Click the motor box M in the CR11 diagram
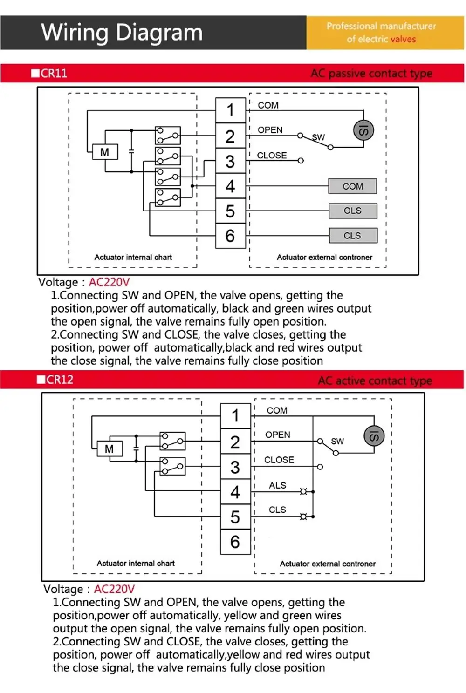point(105,152)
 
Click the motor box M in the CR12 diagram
point(110,449)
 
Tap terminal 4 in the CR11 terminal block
point(230,186)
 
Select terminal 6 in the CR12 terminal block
point(235,542)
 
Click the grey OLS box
point(353,211)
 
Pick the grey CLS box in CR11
point(353,236)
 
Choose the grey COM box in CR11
point(353,186)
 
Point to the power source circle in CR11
point(363,130)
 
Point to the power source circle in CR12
point(374,436)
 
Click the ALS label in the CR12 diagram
point(277,485)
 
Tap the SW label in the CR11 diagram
point(318,137)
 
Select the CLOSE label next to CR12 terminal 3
point(279,460)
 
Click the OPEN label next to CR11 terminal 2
point(270,130)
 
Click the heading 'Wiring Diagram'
point(122,33)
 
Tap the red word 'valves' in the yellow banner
point(403,40)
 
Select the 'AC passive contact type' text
point(371,74)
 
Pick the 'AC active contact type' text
point(375,380)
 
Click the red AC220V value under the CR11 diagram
point(109,282)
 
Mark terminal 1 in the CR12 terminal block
point(235,415)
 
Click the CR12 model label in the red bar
point(59,380)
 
